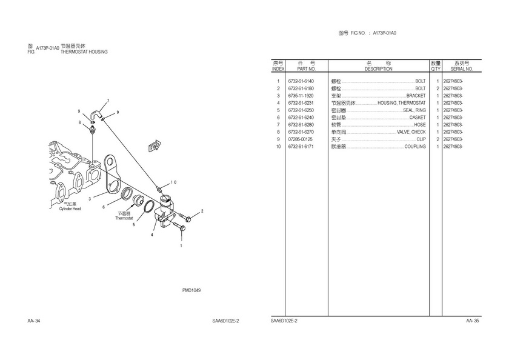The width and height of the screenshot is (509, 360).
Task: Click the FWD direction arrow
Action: coord(155,145)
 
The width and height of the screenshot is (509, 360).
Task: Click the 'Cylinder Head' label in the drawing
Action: coord(69,209)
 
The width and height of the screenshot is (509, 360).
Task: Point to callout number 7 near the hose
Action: coord(108,100)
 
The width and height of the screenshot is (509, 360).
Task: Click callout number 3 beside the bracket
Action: coord(90,199)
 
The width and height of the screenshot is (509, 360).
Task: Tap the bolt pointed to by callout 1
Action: coord(177,227)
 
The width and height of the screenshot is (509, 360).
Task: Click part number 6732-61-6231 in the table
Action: coord(301,103)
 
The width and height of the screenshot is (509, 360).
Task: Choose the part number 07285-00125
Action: coord(301,139)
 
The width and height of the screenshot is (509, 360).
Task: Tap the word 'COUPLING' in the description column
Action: coord(415,147)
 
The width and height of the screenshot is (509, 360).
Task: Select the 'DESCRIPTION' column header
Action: coord(378,69)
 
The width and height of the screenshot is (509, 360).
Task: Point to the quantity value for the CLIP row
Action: coord(437,139)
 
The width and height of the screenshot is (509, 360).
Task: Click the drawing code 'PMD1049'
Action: coord(191,290)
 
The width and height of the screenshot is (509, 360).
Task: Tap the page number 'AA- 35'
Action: coord(473,321)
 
